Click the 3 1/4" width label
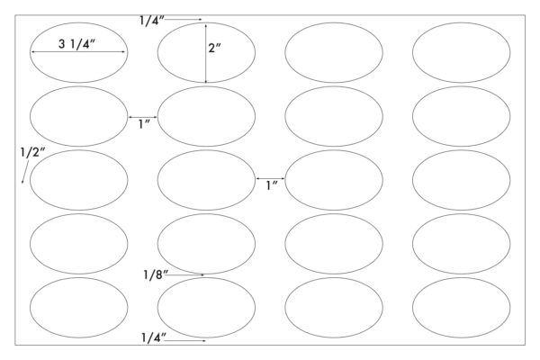(76, 44)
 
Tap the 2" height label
(214, 49)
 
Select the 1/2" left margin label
(32, 152)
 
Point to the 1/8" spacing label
(156, 274)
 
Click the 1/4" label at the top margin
(152, 21)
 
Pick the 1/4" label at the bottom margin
(154, 337)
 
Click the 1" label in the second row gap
(144, 124)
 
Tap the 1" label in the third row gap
(272, 185)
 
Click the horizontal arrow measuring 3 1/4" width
(78, 52)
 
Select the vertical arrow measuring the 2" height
(206, 53)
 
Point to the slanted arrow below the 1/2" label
(25, 171)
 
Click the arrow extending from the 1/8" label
(186, 274)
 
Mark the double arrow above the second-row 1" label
(143, 117)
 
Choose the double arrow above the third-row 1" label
(270, 178)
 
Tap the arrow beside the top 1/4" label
(184, 20)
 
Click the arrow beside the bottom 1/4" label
(185, 341)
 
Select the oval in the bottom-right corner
(462, 277)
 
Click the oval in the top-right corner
(462, 22)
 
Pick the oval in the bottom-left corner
(79, 277)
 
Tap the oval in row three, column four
(462, 150)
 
